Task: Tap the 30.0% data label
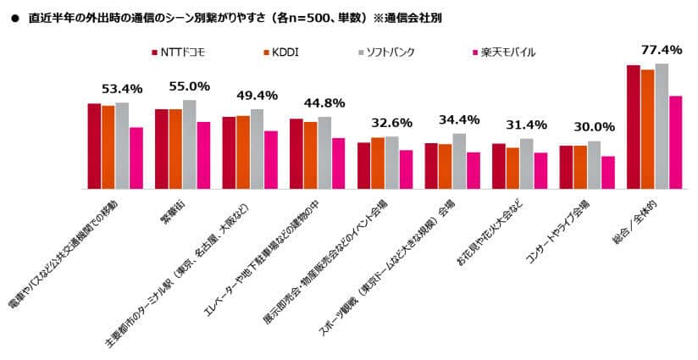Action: (593, 127)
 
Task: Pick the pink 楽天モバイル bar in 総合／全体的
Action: (675, 142)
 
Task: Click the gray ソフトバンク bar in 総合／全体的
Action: (662, 126)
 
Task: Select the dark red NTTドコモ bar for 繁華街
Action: (162, 149)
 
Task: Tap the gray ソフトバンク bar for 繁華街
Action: (189, 144)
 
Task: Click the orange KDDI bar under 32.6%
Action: (378, 163)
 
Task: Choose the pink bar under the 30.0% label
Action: (608, 172)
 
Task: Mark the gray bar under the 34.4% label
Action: (459, 161)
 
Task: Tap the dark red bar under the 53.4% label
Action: (94, 146)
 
